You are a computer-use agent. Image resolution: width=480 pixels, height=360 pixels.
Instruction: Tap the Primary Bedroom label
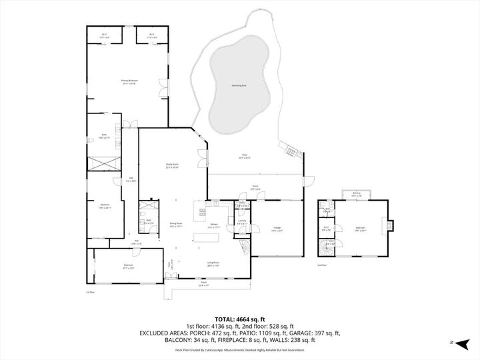128,82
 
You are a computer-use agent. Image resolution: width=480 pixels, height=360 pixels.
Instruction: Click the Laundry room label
241,222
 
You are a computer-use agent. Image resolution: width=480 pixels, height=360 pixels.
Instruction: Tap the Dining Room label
176,225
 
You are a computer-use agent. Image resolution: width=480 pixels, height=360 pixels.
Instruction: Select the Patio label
245,157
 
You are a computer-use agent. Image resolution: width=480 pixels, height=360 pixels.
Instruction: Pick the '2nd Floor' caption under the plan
322,265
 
